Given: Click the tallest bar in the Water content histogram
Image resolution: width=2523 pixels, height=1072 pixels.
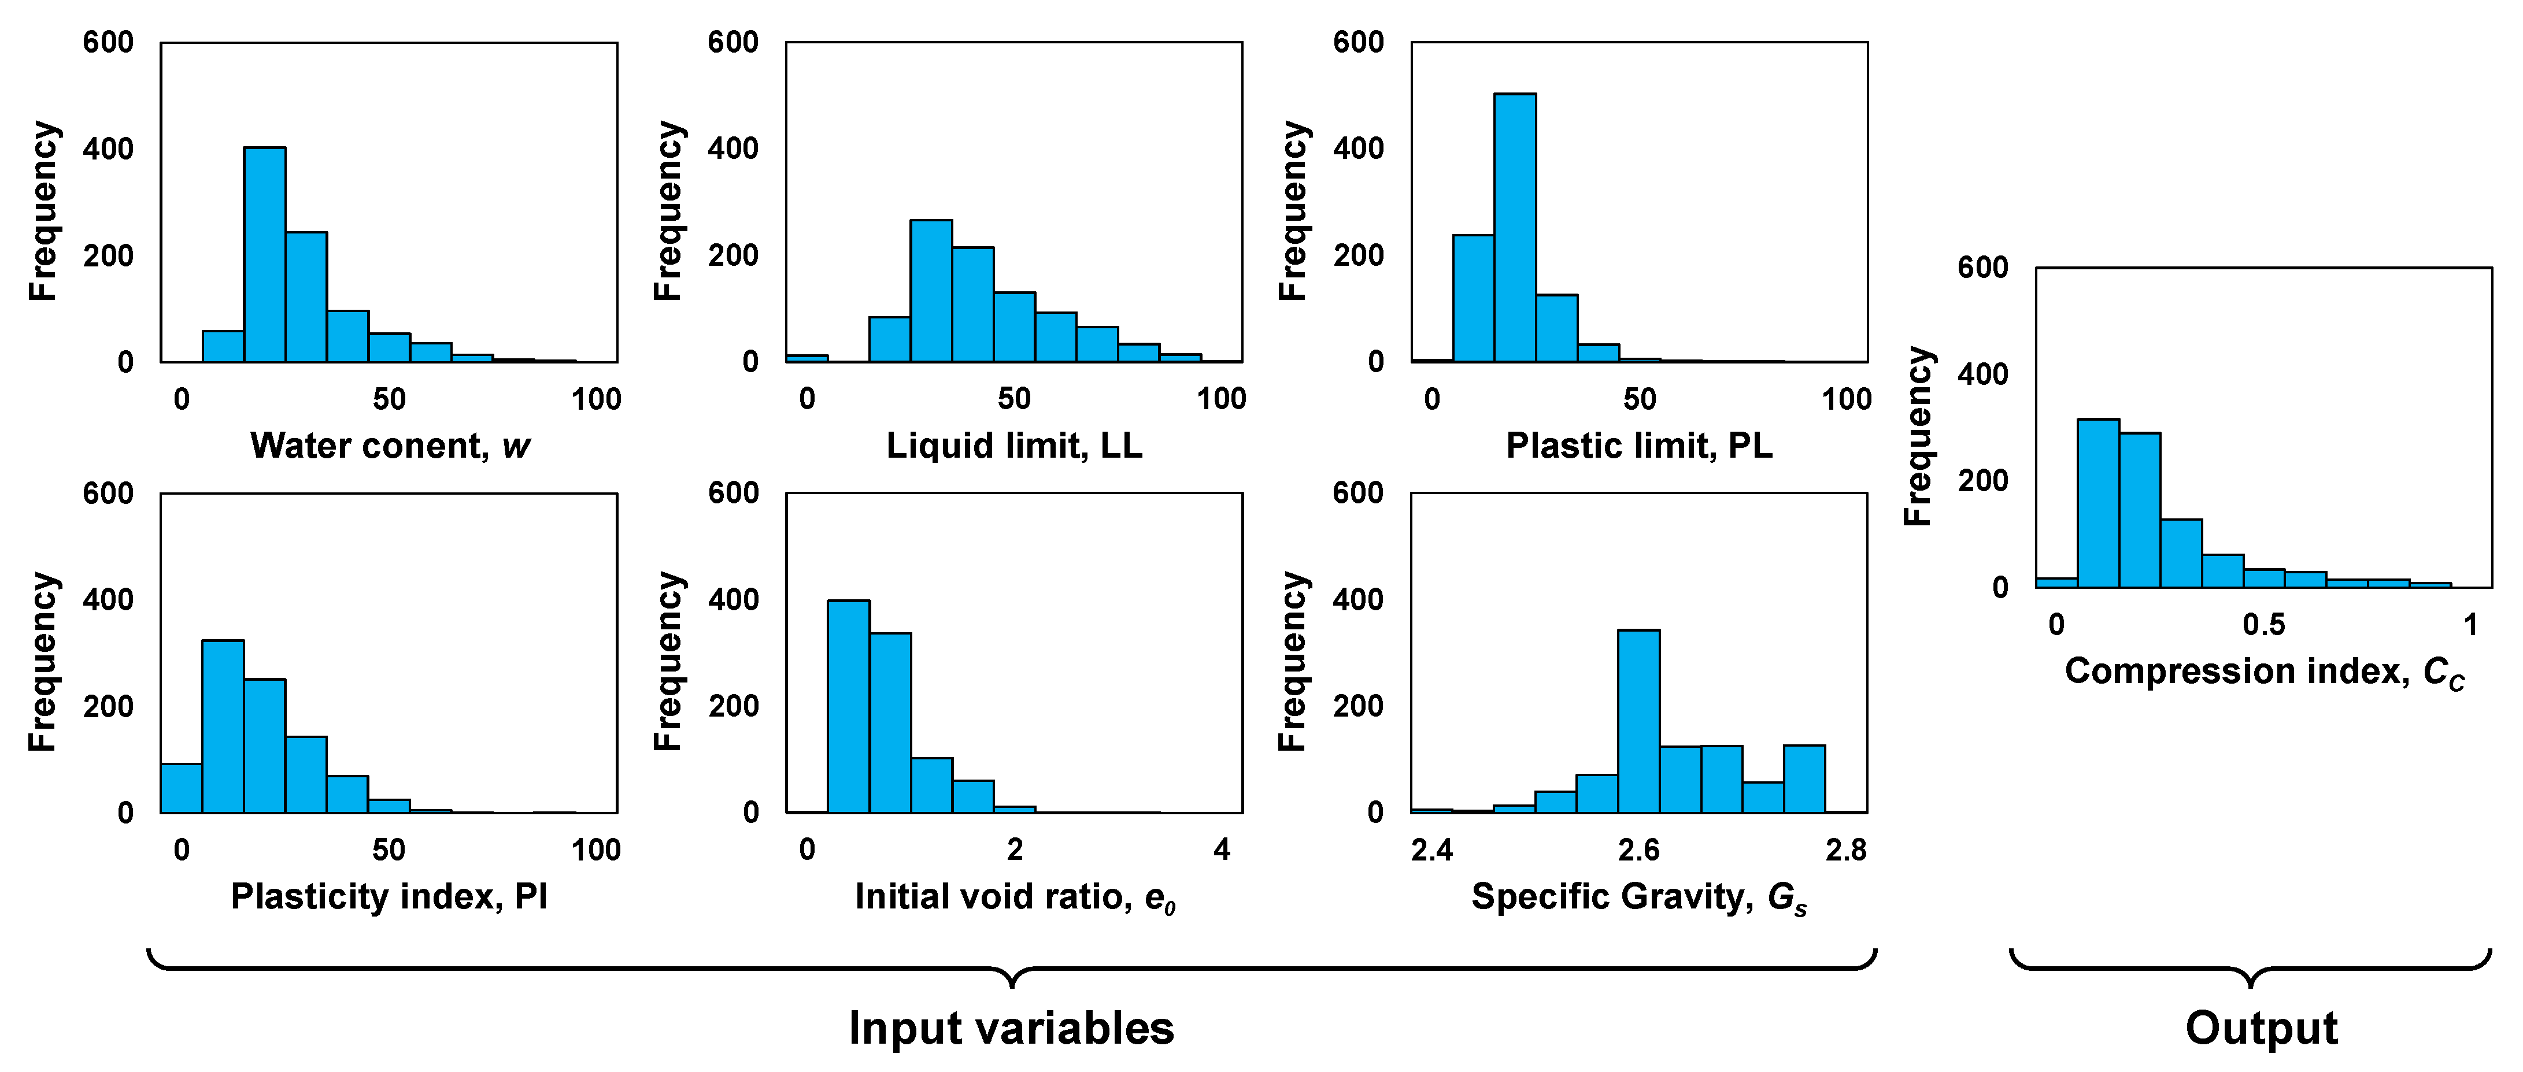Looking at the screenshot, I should click(x=264, y=254).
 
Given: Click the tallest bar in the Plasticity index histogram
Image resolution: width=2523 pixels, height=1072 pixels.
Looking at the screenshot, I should click(x=223, y=726).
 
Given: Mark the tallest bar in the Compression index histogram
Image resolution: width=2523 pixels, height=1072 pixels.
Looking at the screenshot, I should click(x=2098, y=503).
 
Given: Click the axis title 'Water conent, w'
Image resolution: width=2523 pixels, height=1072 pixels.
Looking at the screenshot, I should click(x=390, y=446).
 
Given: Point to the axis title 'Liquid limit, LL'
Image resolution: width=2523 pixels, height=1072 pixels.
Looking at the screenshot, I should click(x=1013, y=446).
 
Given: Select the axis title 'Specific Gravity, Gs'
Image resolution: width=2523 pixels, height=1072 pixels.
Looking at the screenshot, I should click(x=1638, y=897).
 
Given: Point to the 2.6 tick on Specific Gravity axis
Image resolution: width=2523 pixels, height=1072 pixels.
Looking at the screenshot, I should click(x=1638, y=850).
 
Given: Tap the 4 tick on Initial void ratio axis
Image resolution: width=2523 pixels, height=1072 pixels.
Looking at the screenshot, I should click(x=1222, y=850).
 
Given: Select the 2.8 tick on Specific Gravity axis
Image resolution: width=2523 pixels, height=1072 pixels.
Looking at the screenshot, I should click(x=1846, y=850).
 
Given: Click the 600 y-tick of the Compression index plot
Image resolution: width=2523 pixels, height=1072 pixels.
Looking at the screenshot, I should click(x=1982, y=267).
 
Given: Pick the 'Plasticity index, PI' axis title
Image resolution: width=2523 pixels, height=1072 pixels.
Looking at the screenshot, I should click(x=389, y=897).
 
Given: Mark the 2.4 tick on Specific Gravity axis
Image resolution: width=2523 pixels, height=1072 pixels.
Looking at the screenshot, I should click(x=1432, y=850).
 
